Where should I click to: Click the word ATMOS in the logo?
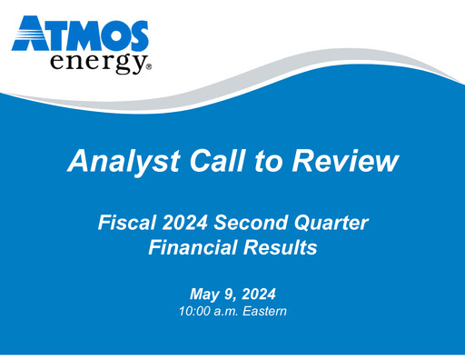(81, 35)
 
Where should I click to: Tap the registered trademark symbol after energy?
(148, 67)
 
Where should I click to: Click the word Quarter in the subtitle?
(334, 222)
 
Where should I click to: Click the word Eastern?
(263, 313)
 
